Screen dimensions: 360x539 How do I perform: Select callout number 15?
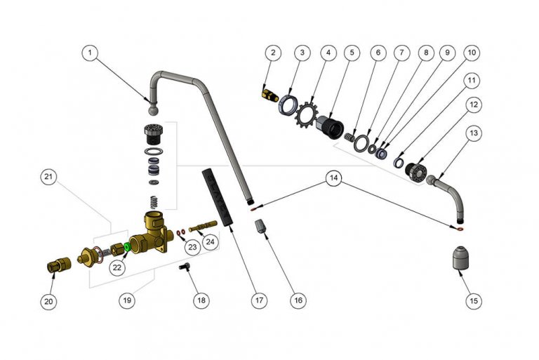(x=474, y=300)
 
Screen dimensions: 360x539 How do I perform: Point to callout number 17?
(x=259, y=300)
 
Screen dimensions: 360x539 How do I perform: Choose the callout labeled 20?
(x=48, y=300)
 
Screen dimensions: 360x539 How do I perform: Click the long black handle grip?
(x=216, y=196)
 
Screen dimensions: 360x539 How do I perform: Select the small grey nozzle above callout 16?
(x=260, y=227)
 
